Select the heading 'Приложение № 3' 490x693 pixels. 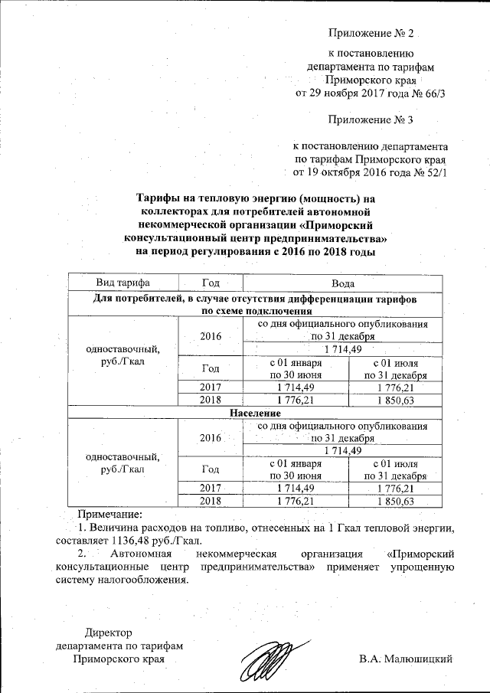click(x=370, y=119)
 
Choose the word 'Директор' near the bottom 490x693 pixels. click(x=108, y=633)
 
